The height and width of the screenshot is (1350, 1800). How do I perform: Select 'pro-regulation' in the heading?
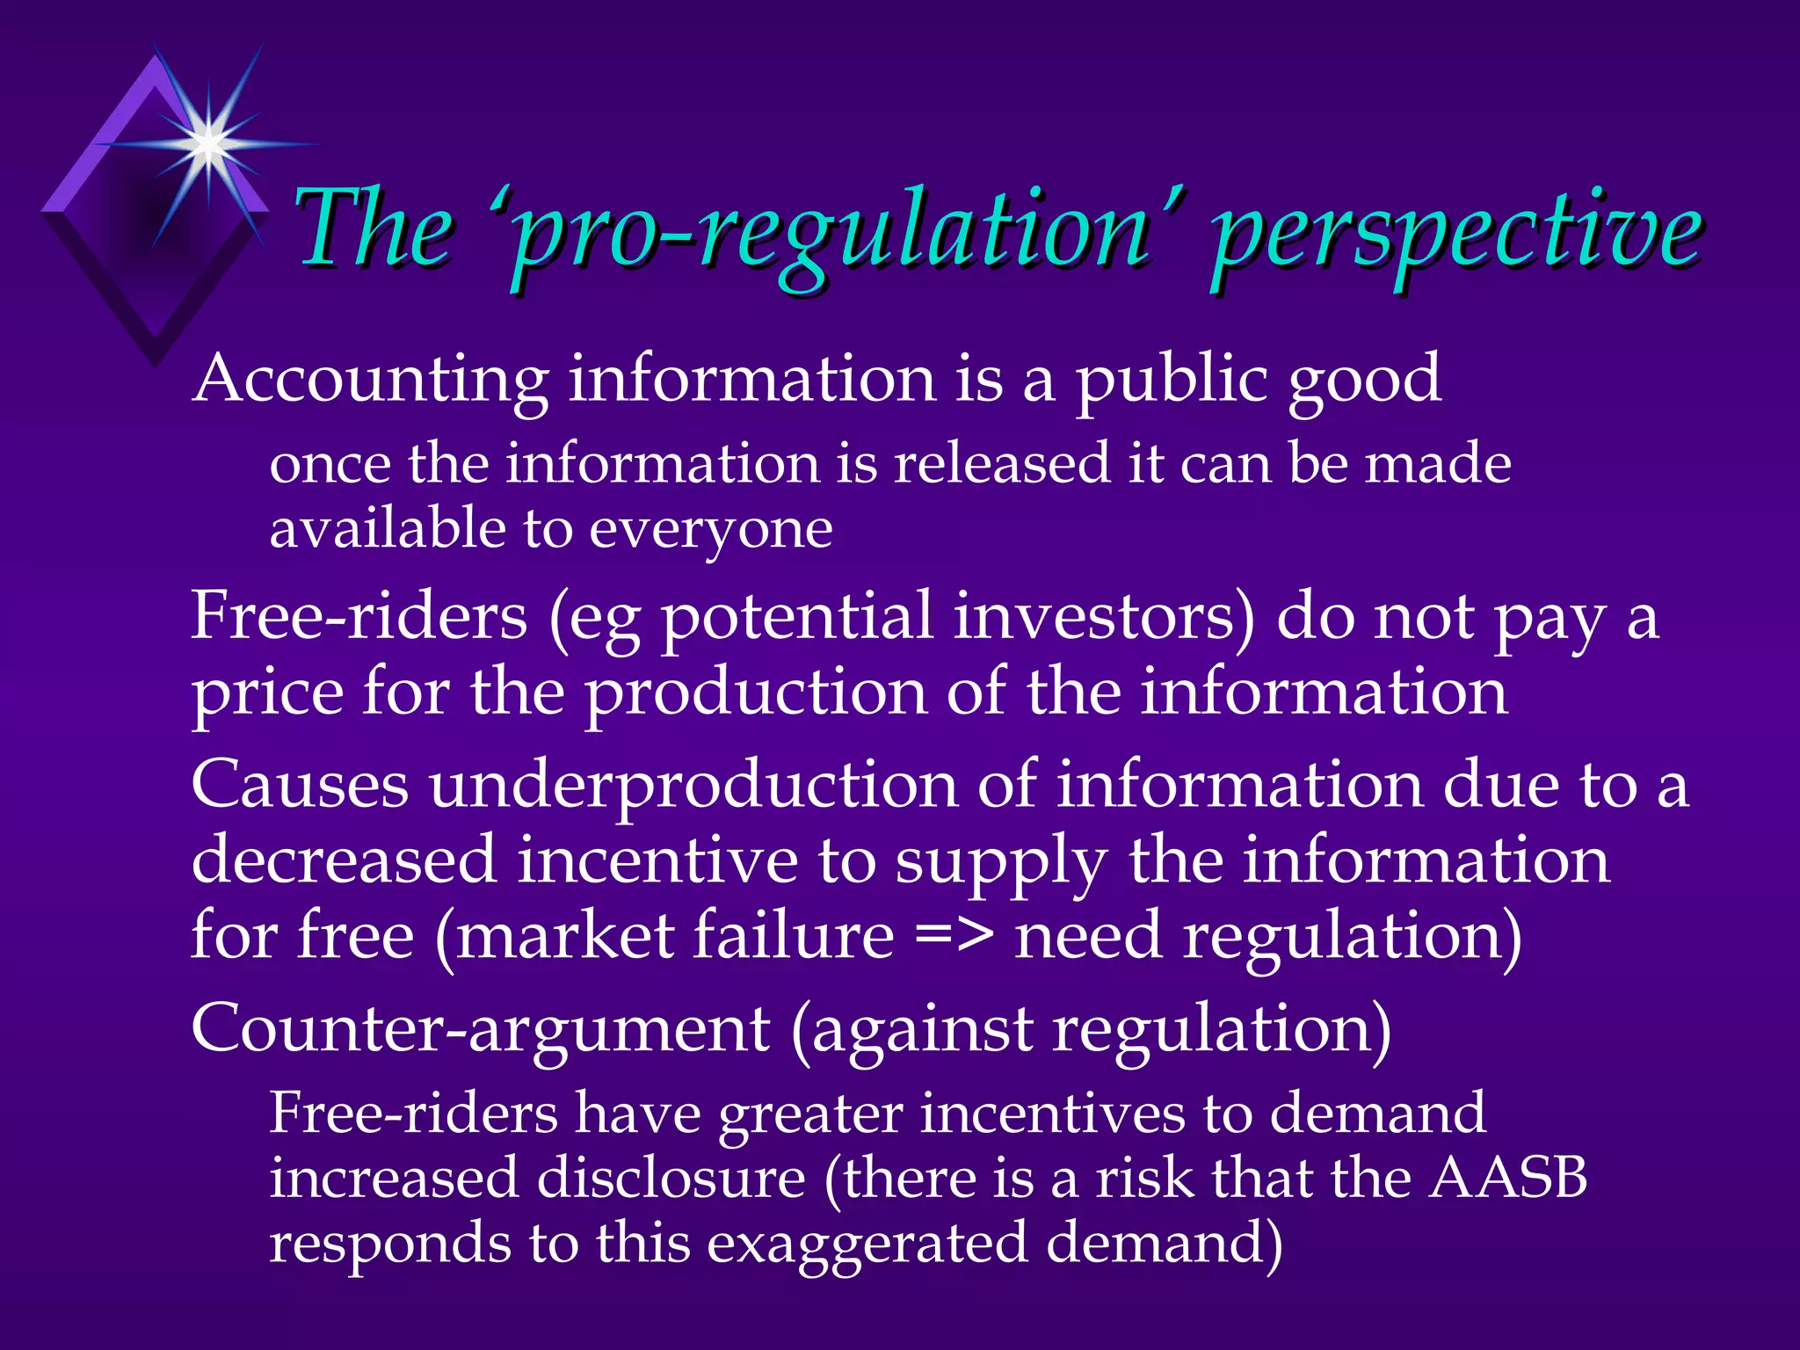pyautogui.click(x=835, y=233)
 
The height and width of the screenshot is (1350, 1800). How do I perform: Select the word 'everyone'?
pyautogui.click(x=710, y=531)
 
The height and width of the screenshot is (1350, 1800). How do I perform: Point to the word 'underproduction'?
pyautogui.click(x=693, y=787)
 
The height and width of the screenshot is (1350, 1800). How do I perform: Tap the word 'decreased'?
pyautogui.click(x=344, y=861)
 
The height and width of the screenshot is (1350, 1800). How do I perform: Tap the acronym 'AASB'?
pyautogui.click(x=1507, y=1178)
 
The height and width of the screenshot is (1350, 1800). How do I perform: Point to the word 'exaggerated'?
pyautogui.click(x=867, y=1245)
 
